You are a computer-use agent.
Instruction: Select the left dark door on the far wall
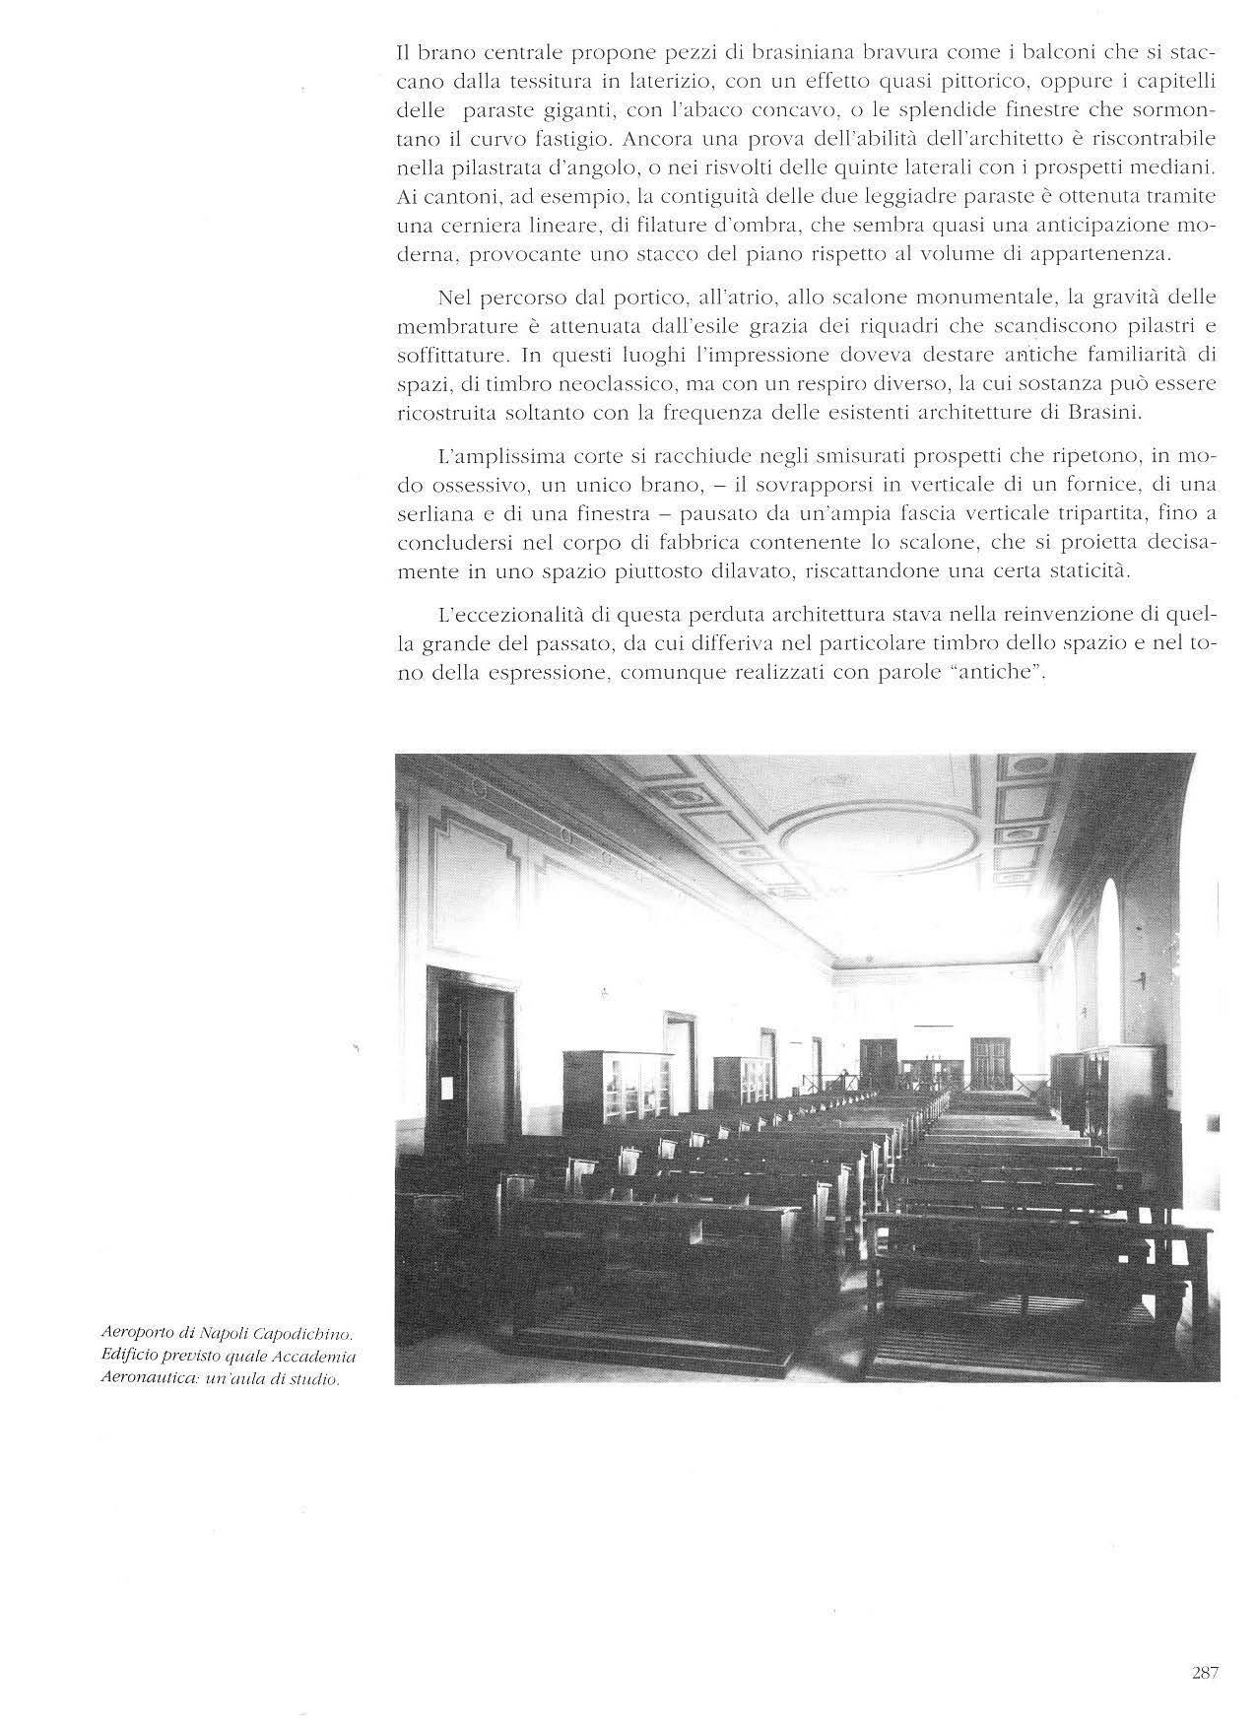[878, 1064]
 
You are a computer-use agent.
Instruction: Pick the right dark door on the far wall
[987, 1061]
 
